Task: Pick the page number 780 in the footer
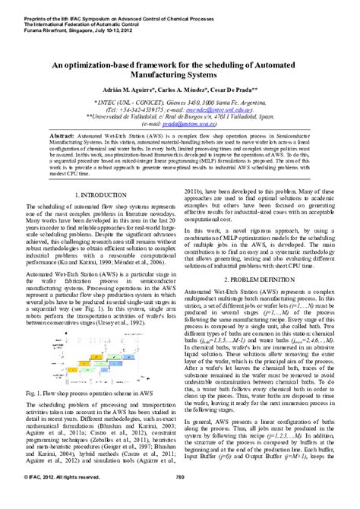(180, 498)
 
